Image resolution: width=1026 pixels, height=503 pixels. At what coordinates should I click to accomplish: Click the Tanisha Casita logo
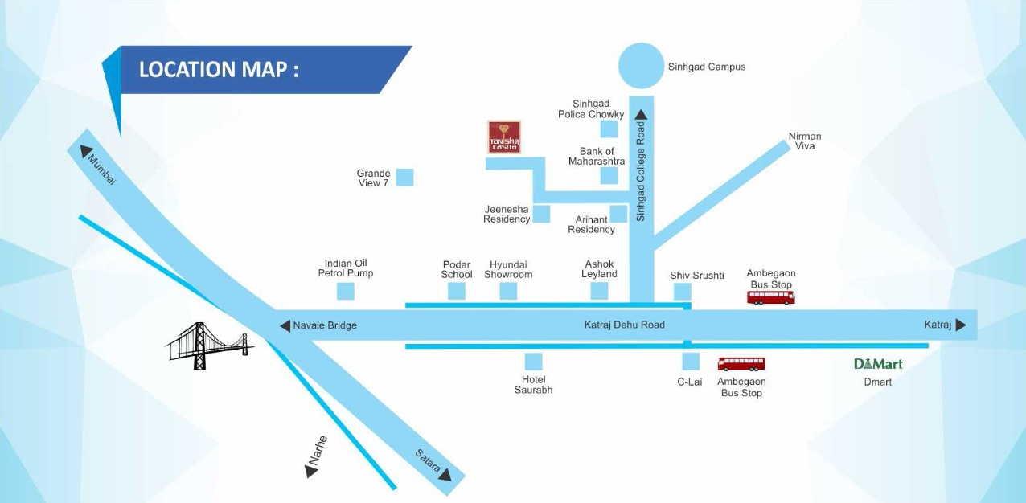click(504, 137)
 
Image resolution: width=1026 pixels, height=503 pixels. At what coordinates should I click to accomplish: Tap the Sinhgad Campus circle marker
click(642, 65)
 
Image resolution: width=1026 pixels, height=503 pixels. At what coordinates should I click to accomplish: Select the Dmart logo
click(878, 364)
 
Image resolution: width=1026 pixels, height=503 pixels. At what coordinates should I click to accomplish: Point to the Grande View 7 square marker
click(404, 178)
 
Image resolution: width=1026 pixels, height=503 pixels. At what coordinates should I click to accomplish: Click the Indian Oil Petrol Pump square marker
click(346, 291)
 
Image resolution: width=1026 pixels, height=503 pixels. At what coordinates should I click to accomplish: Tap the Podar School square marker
click(457, 291)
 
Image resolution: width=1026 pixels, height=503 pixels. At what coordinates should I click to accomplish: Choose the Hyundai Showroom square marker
click(508, 291)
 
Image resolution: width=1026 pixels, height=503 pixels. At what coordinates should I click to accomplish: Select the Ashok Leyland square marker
click(599, 291)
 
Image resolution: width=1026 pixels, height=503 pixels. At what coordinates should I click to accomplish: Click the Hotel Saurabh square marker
click(533, 362)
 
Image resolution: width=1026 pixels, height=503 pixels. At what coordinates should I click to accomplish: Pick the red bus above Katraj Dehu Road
click(770, 297)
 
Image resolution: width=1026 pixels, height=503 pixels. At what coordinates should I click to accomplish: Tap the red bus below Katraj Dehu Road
click(741, 364)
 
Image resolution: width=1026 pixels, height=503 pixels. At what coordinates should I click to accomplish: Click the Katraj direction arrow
click(961, 325)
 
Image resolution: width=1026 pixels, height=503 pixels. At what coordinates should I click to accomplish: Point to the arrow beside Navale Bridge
click(284, 325)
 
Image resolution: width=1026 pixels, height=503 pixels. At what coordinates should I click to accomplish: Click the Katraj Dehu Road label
click(624, 325)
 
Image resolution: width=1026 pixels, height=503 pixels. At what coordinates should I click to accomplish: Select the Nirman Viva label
click(804, 141)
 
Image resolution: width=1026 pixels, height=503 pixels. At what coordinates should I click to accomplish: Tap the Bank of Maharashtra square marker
click(609, 176)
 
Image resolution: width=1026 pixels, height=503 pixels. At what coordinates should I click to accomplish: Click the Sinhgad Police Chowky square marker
click(609, 129)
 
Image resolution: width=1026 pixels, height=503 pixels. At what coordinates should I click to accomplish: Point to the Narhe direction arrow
click(312, 471)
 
